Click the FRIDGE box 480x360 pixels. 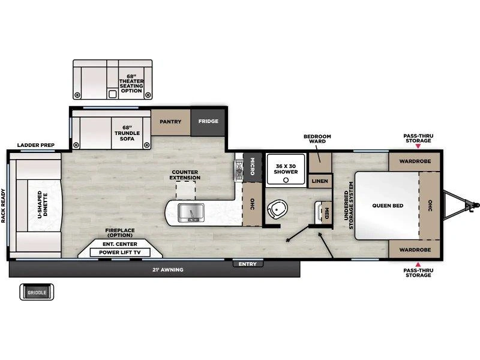(208, 122)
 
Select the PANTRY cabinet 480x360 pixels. (170, 122)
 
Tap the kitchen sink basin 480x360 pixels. (191, 212)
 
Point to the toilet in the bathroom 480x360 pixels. (277, 209)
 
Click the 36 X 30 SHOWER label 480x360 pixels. (286, 169)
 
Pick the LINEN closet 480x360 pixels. (320, 181)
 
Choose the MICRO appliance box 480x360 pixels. (253, 167)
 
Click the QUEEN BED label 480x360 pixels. (388, 206)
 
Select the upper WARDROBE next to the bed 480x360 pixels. (415, 161)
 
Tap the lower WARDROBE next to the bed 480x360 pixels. (415, 249)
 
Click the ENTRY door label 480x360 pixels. (248, 264)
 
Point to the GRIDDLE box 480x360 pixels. (37, 292)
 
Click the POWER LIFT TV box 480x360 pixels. (119, 253)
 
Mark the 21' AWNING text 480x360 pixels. (168, 269)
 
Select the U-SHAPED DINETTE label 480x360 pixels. (43, 205)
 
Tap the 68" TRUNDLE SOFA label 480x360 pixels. (127, 133)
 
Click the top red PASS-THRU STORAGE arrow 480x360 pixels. (418, 146)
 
